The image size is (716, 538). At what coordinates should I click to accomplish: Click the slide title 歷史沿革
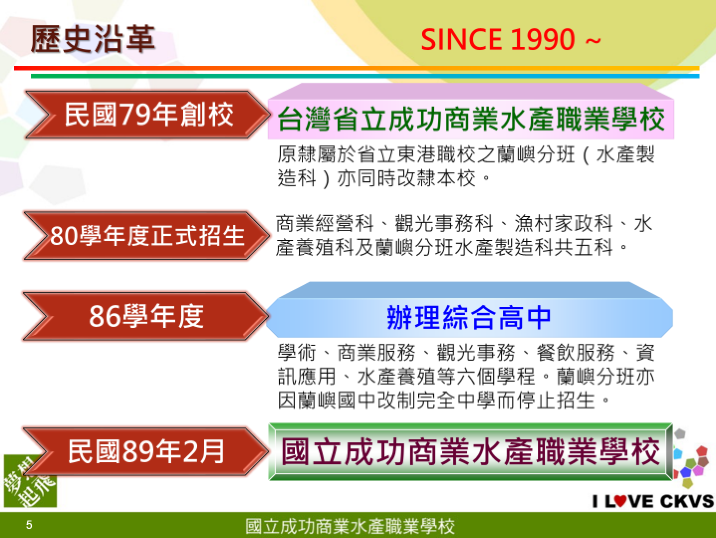pos(93,39)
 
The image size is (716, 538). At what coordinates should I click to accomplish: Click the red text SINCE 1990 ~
pos(510,39)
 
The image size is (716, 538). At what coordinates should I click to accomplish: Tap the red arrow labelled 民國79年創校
pos(147,115)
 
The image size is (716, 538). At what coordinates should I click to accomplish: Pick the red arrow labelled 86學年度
pos(145,316)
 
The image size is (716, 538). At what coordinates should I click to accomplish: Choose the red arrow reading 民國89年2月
pos(145,451)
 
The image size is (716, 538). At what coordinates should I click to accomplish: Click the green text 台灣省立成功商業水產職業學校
pos(471,119)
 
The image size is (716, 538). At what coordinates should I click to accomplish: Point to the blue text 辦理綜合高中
pos(469,317)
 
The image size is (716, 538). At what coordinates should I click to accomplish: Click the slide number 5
pos(29,525)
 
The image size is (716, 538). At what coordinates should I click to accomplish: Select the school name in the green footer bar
pos(350,526)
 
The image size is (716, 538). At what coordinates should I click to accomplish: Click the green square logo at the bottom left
pos(30,481)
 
